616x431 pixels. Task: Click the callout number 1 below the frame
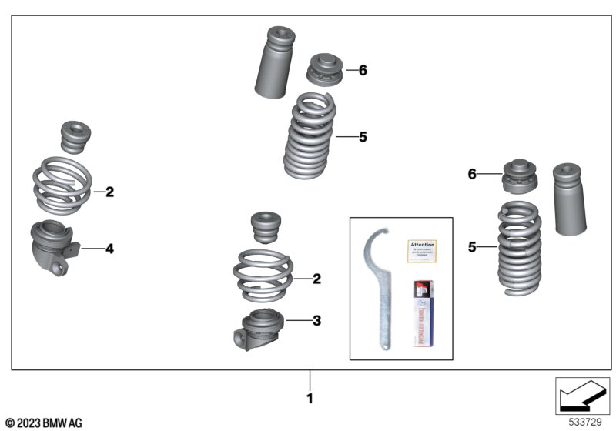coord(310,399)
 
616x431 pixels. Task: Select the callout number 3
coord(316,319)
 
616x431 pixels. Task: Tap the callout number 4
coord(109,249)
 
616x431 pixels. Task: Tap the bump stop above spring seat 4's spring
coord(76,139)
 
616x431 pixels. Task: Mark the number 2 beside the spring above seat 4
coord(109,192)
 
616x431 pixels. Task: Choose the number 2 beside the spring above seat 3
coord(316,279)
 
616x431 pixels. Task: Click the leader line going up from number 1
coord(310,380)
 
